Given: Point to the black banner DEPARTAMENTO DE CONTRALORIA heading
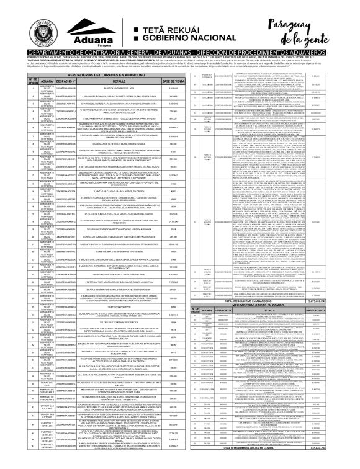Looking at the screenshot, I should tap(180, 54).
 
